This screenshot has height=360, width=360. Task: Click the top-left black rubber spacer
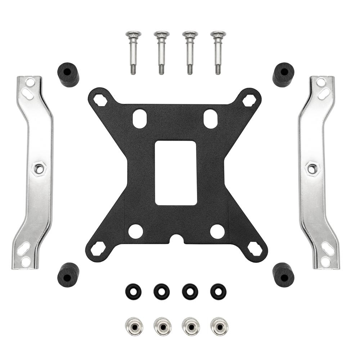pyautogui.click(x=68, y=74)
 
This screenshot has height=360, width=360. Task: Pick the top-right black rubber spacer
pyautogui.click(x=283, y=74)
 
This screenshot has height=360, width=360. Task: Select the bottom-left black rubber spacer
pyautogui.click(x=68, y=274)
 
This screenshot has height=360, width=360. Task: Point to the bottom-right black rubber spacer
pyautogui.click(x=283, y=274)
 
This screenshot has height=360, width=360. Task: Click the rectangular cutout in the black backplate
pyautogui.click(x=176, y=173)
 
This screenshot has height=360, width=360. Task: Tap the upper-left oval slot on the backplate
pyautogui.click(x=139, y=118)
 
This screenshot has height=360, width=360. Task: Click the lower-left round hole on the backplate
pyautogui.click(x=135, y=231)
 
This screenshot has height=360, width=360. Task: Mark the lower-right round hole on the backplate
pyautogui.click(x=217, y=231)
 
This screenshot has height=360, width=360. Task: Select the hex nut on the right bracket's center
pyautogui.click(x=312, y=168)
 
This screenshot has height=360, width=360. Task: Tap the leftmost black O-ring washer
pyautogui.click(x=134, y=291)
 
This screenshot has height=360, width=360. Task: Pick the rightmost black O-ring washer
pyautogui.click(x=218, y=291)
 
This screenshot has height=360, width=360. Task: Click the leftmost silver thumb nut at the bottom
pyautogui.click(x=133, y=326)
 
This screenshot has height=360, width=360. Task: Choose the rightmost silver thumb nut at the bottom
pyautogui.click(x=219, y=326)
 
